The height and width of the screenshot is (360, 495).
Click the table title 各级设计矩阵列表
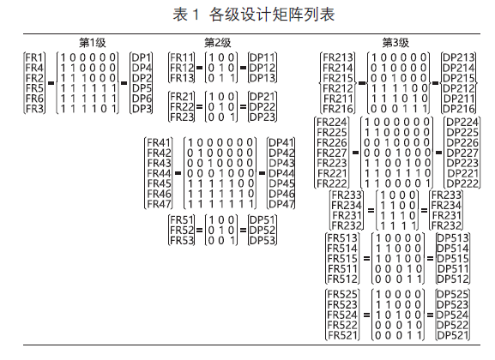pyautogui.click(x=272, y=15)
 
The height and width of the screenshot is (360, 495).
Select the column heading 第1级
pyautogui.click(x=92, y=43)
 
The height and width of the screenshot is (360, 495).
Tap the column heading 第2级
pyautogui.click(x=218, y=43)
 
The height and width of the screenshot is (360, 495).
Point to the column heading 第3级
pyautogui.click(x=395, y=43)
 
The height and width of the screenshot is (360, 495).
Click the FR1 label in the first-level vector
pyautogui.click(x=34, y=57)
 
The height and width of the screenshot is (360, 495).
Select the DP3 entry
pyautogui.click(x=142, y=109)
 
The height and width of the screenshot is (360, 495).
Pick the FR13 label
pyautogui.click(x=182, y=78)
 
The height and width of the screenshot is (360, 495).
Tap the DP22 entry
pyautogui.click(x=263, y=106)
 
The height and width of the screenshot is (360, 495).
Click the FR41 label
pyautogui.click(x=159, y=142)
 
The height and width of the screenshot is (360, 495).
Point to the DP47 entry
pyautogui.click(x=281, y=204)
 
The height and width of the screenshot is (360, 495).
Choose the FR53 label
pyautogui.click(x=182, y=240)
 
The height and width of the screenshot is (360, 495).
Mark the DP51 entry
pyautogui.click(x=263, y=220)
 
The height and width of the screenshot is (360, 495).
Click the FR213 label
pyautogui.click(x=338, y=57)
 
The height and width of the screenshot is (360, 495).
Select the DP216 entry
pyautogui.click(x=459, y=109)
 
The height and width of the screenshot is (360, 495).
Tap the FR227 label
pyautogui.click(x=332, y=153)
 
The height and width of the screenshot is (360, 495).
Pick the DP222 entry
pyautogui.click(x=462, y=183)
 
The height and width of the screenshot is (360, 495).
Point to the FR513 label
pyautogui.click(x=342, y=238)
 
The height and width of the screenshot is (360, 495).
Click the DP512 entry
pyautogui.click(x=453, y=279)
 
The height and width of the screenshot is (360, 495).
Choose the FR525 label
pyautogui.click(x=342, y=294)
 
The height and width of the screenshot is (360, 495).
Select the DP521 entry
pyautogui.click(x=453, y=335)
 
